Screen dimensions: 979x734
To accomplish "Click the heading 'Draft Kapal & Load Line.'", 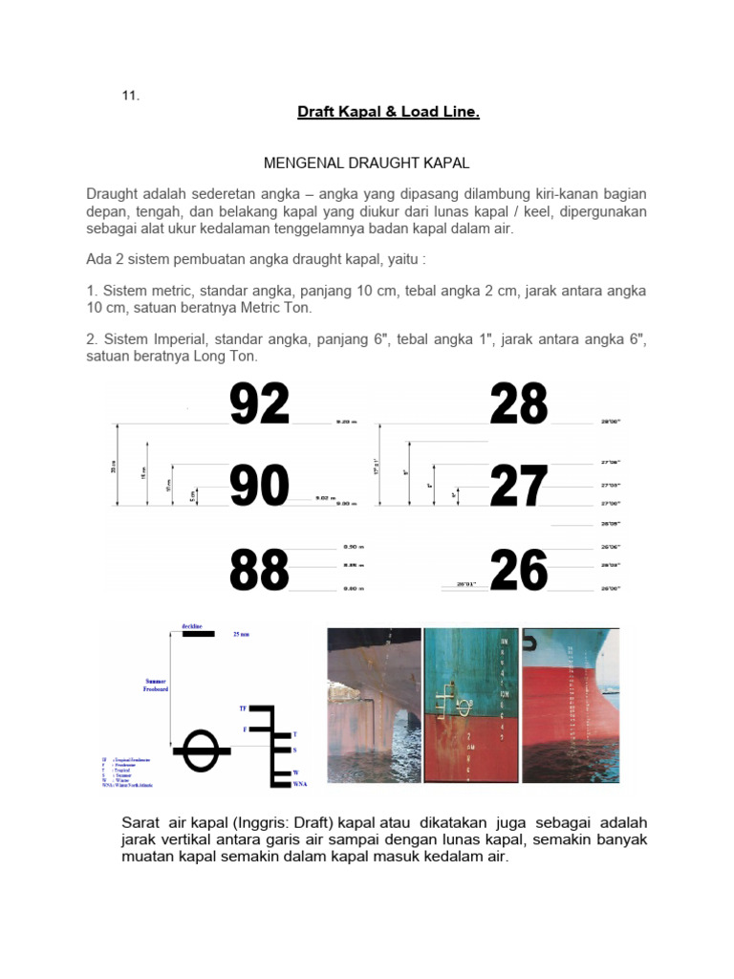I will click(388, 112).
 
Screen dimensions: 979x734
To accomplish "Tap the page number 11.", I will click(130, 95).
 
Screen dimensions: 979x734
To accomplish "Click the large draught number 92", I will click(259, 404).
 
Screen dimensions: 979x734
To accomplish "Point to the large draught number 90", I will click(259, 486).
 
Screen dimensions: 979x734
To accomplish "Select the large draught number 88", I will click(259, 571).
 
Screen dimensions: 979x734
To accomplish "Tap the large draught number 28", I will click(519, 404).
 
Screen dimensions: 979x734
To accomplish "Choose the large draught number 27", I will click(519, 486).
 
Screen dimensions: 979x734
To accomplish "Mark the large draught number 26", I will click(519, 571).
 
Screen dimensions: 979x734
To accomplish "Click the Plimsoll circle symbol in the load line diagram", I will click(201, 751).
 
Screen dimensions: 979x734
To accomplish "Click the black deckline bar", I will click(198, 633).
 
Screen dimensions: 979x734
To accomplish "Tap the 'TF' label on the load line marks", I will click(243, 708).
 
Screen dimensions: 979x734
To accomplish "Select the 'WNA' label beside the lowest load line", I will click(300, 784).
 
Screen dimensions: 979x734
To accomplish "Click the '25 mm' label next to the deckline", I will click(240, 633).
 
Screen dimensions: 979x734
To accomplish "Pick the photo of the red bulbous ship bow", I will click(571, 705).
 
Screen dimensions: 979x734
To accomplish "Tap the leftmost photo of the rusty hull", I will click(374, 705).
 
